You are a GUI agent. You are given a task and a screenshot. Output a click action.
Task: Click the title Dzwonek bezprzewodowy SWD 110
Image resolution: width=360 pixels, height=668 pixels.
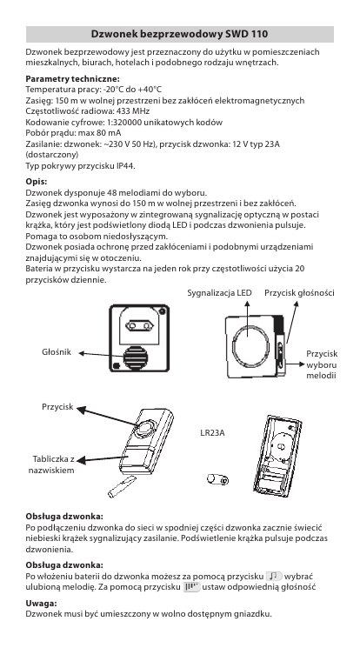(179, 34)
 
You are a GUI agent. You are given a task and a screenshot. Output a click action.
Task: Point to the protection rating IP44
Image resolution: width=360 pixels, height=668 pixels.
(126, 166)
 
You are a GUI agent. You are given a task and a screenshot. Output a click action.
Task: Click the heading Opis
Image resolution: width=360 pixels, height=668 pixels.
(37, 182)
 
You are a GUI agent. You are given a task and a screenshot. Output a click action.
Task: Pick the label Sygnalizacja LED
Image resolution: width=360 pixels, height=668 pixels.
(219, 292)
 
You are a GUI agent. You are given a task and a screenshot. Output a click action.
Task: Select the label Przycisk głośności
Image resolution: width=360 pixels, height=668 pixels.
(299, 292)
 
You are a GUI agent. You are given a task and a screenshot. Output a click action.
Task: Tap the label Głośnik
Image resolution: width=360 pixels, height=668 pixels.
(57, 352)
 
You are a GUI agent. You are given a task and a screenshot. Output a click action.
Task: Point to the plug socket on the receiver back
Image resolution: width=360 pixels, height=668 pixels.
(139, 326)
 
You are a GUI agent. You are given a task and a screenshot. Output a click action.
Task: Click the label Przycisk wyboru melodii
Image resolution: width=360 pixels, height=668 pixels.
(322, 364)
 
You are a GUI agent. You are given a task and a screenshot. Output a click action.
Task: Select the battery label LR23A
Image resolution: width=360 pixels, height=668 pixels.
(212, 433)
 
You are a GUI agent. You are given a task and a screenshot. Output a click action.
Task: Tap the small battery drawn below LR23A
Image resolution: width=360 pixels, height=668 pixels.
(217, 479)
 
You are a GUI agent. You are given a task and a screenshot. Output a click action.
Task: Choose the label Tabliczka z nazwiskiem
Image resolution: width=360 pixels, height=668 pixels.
(51, 464)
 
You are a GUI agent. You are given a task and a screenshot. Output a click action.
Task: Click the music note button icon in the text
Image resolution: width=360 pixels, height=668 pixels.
(274, 577)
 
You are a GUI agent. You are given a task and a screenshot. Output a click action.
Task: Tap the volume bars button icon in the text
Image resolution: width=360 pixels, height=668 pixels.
(191, 587)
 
